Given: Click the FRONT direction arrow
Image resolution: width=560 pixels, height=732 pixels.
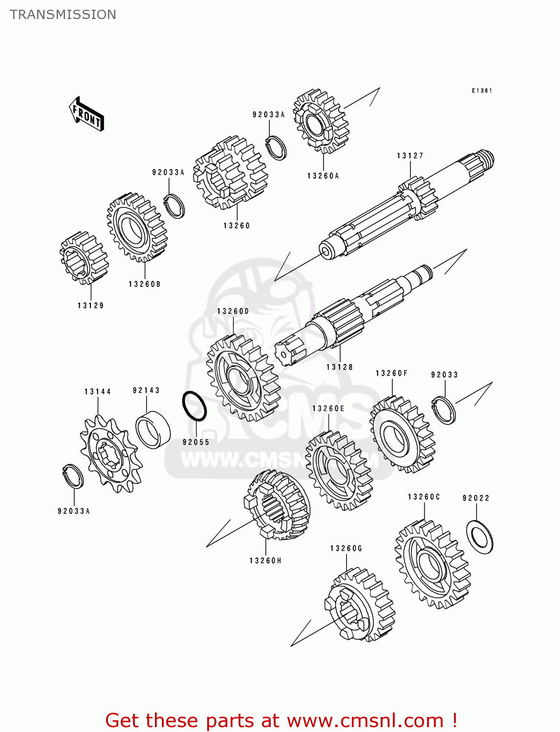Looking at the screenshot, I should click(x=87, y=114).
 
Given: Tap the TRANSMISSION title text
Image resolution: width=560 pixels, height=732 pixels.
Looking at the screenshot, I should click(x=63, y=15).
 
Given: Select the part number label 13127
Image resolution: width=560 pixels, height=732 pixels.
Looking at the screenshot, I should click(x=409, y=156).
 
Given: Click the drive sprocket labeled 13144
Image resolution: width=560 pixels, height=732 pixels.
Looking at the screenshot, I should click(x=111, y=453).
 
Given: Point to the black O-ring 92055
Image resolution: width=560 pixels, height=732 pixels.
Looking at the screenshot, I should click(x=194, y=406).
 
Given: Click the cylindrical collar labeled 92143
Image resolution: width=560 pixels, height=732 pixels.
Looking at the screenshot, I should click(x=153, y=429).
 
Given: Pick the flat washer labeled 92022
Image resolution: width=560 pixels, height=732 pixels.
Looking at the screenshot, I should click(x=479, y=537).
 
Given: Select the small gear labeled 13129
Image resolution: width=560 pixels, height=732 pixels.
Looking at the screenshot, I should click(x=84, y=258).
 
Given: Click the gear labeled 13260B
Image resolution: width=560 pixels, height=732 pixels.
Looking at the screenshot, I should click(x=137, y=227).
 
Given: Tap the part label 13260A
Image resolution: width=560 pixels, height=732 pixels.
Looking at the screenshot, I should click(x=323, y=176).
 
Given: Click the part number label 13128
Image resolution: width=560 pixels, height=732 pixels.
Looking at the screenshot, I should click(x=340, y=367).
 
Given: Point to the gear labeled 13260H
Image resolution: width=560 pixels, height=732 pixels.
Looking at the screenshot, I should click(x=277, y=505).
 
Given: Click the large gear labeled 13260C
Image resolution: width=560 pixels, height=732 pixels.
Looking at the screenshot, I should click(x=432, y=565).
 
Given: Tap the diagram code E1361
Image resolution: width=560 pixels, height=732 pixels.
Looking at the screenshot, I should click(x=481, y=91).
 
